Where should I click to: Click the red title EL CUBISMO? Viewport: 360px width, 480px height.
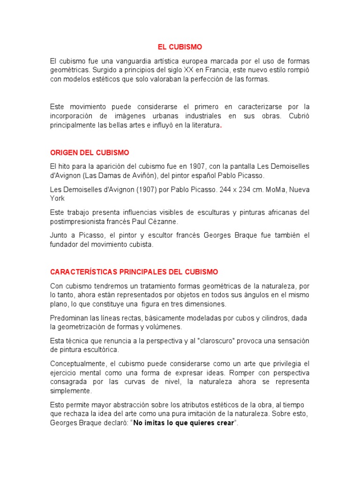(180, 47)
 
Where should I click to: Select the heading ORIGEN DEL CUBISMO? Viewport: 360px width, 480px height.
(90, 153)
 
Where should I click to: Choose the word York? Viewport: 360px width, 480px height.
(57, 198)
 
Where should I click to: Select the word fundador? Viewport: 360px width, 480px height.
(66, 244)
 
